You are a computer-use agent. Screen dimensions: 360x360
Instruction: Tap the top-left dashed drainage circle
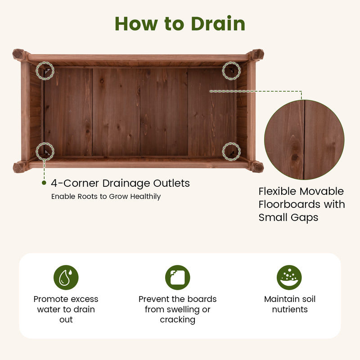pyautogui.click(x=45, y=71)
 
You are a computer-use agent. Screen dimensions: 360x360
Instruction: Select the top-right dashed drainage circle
pyautogui.click(x=231, y=71)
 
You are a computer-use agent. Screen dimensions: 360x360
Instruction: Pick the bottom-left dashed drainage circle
pyautogui.click(x=45, y=151)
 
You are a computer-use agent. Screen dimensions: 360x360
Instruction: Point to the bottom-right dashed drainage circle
pyautogui.click(x=231, y=151)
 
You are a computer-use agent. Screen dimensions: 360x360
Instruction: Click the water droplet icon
pyautogui.click(x=66, y=277)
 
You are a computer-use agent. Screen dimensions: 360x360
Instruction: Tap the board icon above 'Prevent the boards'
pyautogui.click(x=178, y=277)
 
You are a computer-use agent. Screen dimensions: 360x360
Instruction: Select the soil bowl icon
pyautogui.click(x=289, y=277)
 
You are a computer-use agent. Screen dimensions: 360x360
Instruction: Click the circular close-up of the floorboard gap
pyautogui.click(x=304, y=140)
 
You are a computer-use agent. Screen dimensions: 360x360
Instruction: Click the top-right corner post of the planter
pyautogui.click(x=256, y=55)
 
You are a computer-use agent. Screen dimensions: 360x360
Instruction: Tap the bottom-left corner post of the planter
pyautogui.click(x=20, y=167)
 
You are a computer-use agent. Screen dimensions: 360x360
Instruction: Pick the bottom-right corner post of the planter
pyautogui.click(x=256, y=167)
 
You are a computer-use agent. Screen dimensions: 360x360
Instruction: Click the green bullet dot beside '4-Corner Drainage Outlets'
pyautogui.click(x=44, y=183)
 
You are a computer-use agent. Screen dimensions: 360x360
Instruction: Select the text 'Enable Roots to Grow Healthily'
pyautogui.click(x=106, y=197)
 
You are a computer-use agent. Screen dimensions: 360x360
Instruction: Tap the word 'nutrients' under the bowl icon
pyautogui.click(x=290, y=310)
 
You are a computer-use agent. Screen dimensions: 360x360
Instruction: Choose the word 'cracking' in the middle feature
pyautogui.click(x=178, y=320)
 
